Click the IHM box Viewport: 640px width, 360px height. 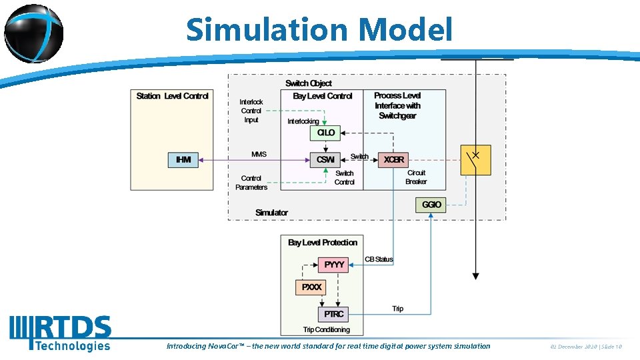coord(183,160)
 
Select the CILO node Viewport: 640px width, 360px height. coord(326,133)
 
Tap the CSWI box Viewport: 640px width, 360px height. coord(326,160)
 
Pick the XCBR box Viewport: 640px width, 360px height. coord(393,160)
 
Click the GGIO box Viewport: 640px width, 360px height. coord(431,205)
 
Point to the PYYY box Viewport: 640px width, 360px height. coord(334,265)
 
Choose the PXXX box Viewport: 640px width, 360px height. coord(311,287)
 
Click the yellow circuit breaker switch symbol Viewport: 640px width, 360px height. coord(475,160)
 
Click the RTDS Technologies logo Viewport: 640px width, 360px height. coord(60,333)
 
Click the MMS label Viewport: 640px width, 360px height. coord(259,155)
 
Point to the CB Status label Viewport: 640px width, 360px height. coord(379,259)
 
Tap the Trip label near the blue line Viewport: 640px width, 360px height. coord(398,309)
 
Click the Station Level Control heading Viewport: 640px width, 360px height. coord(172,96)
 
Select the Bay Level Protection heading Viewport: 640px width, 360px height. coord(323,243)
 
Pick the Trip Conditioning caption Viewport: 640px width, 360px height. coord(326,330)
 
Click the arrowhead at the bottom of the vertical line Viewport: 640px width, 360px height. coord(475,275)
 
